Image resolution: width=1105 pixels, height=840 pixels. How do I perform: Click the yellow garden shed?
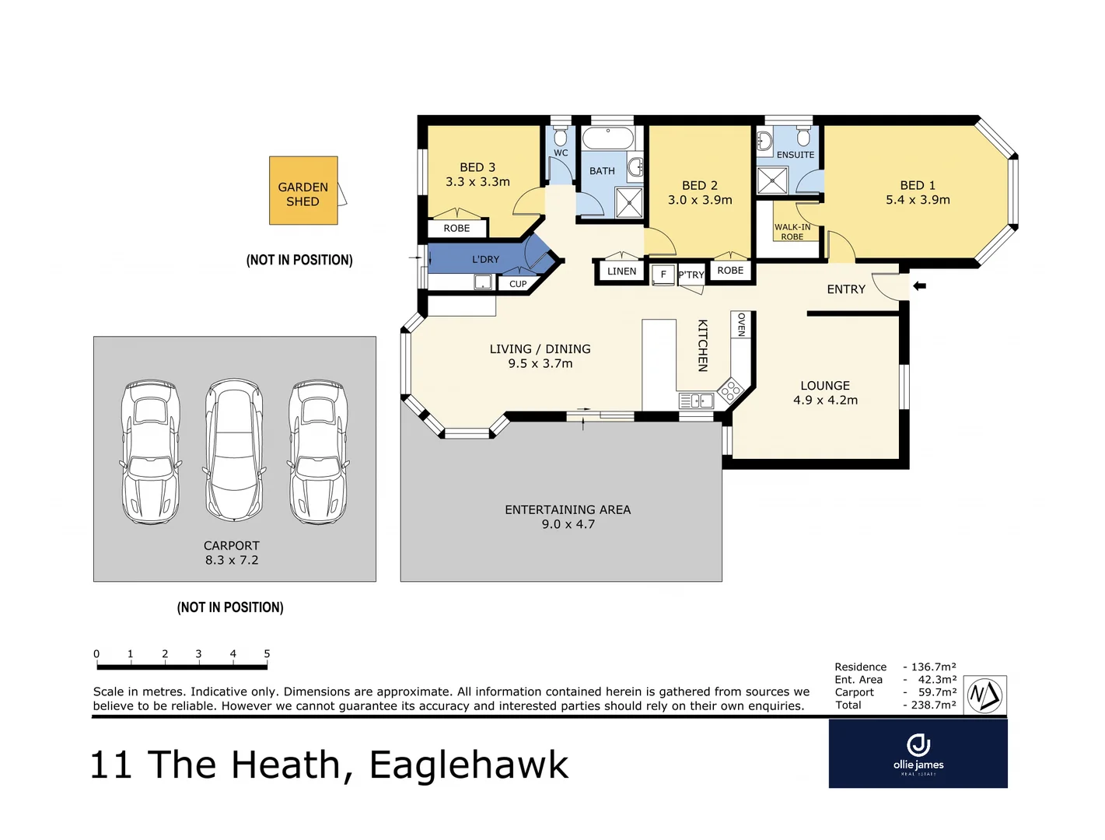pos(303,191)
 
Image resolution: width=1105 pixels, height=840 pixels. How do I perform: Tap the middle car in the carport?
pos(233,450)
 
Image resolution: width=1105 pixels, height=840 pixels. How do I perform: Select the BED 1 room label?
pos(918,185)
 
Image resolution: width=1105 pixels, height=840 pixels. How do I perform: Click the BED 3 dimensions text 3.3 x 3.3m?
pos(477,182)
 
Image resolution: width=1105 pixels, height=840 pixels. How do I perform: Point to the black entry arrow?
pos(919,286)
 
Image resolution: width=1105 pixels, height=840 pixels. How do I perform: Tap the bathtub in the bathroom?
pos(608,139)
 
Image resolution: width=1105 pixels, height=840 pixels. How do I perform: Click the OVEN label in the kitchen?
pos(741,324)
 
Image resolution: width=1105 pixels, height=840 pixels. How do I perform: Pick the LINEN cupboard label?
pos(621,271)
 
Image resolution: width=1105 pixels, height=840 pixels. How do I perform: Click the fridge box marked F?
pos(663,274)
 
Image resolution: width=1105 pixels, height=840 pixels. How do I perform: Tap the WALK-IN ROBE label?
pos(792,232)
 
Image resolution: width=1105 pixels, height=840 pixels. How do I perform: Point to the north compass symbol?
pos(984,695)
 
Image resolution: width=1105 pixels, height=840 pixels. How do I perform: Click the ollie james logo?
pos(918,753)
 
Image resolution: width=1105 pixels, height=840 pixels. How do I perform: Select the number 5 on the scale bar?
pos(267,654)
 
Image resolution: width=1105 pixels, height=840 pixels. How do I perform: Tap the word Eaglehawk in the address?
pos(469,765)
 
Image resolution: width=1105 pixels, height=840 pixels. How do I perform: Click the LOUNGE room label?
pos(825,386)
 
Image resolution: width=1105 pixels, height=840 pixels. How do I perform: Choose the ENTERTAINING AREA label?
pos(568,510)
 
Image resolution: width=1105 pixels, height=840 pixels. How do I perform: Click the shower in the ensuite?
pos(772,180)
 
